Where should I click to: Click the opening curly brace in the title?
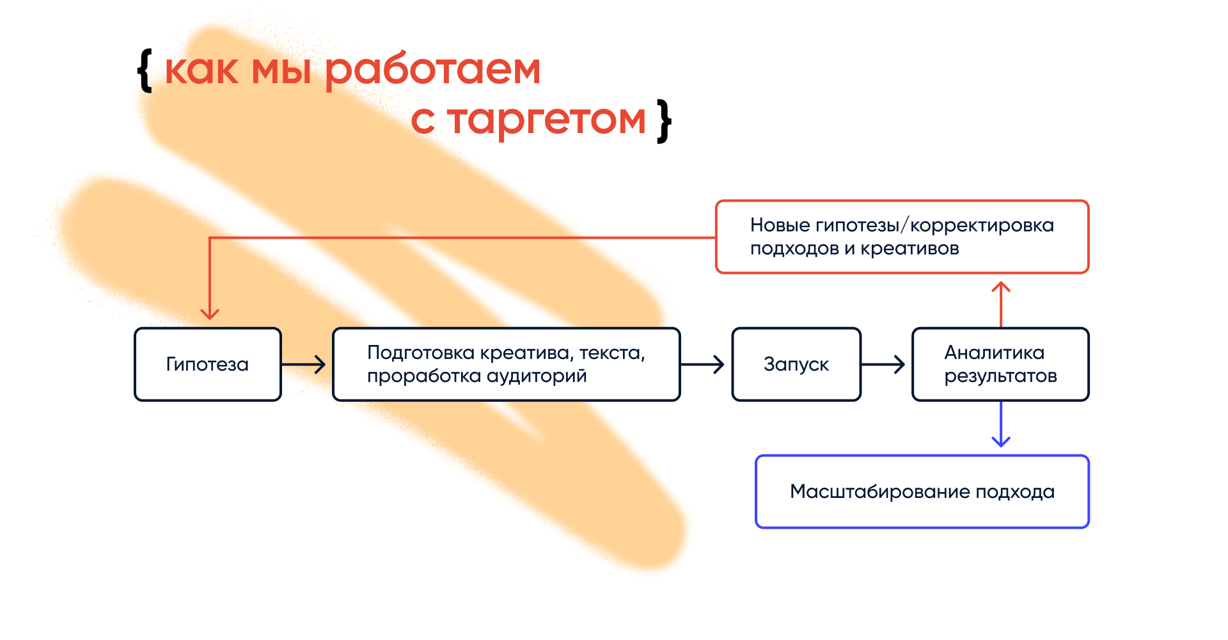(x=145, y=70)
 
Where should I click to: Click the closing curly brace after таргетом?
(x=665, y=120)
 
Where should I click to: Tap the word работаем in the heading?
(x=433, y=70)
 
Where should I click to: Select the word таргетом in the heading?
(x=547, y=120)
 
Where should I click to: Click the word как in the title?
(x=201, y=70)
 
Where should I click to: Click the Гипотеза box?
(x=207, y=364)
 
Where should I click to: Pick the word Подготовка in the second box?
(x=421, y=353)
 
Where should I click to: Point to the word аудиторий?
(x=536, y=376)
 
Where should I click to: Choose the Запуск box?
(x=796, y=364)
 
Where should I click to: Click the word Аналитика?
(x=994, y=353)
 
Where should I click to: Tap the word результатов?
(x=1000, y=376)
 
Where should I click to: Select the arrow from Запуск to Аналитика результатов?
(x=884, y=365)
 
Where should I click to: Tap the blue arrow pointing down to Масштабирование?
(x=1001, y=426)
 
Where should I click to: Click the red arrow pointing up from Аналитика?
(x=1001, y=303)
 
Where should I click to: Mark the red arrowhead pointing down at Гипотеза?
(x=210, y=313)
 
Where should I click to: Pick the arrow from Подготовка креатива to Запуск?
(x=703, y=365)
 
